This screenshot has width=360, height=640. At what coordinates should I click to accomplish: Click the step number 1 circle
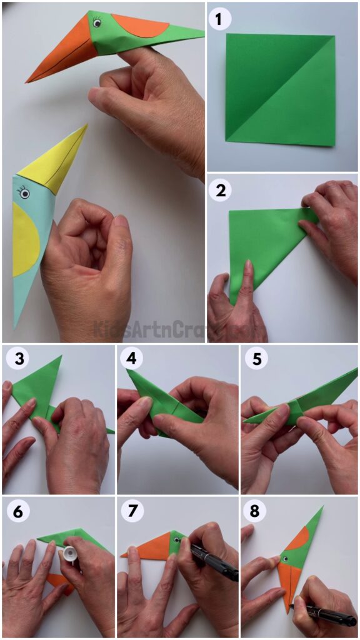tap(219, 19)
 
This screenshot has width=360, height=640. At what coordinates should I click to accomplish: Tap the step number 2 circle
tap(219, 190)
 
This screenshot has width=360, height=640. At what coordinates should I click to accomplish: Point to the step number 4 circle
tap(132, 359)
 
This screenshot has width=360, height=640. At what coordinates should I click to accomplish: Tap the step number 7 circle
tap(132, 511)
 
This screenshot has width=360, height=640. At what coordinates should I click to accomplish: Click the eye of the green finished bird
tap(97, 23)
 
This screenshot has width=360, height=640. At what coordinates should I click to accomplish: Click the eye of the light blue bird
tap(24, 194)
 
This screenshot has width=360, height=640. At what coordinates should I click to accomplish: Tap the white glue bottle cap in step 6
tap(70, 554)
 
